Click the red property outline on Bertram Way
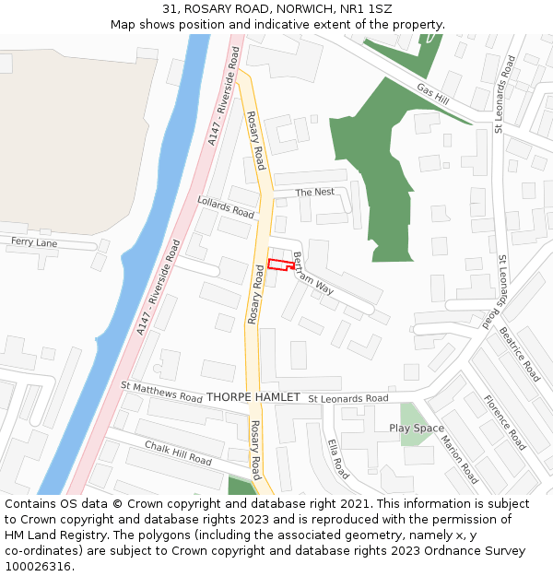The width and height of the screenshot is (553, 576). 280,265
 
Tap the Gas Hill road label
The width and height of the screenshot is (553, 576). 431,92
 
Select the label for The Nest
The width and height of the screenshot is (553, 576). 314,192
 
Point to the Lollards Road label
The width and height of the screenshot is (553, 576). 226,207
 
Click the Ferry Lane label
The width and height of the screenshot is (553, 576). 34,242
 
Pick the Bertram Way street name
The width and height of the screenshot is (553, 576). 312,273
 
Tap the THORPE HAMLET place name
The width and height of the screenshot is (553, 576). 253,397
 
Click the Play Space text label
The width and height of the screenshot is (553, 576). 416,428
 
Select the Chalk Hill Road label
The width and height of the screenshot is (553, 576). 178,453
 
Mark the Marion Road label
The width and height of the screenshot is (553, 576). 459,460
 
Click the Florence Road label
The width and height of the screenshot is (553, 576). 504,422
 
